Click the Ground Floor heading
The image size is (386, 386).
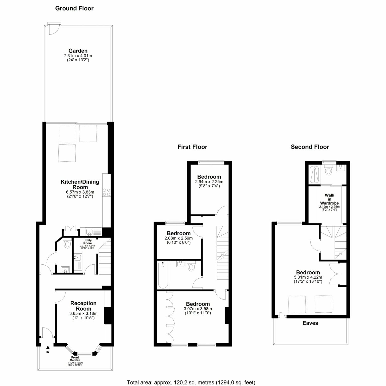click(74, 8)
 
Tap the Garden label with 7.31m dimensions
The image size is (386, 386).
click(78, 55)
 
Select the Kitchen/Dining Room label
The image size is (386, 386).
click(80, 189)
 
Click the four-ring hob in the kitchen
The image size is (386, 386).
click(106, 192)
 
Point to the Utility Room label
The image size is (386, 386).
click(87, 244)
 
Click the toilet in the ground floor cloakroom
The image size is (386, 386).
click(67, 243)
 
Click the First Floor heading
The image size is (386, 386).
click(192, 147)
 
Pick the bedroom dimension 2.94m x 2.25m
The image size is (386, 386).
click(209, 184)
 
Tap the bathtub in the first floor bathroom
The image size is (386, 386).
click(163, 275)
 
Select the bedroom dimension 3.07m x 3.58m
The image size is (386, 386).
click(198, 311)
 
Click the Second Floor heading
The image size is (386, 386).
click(310, 147)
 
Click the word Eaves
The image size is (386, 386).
click(310, 323)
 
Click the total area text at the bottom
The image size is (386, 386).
click(191, 382)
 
